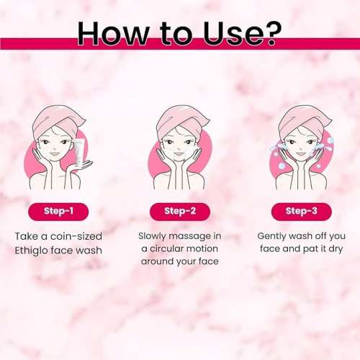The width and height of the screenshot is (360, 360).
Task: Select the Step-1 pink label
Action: click(59, 212)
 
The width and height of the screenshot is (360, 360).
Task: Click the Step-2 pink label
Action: click(180, 212)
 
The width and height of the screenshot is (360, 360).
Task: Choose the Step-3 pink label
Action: click(300, 212)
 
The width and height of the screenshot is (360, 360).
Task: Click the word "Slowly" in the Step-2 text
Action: click(154, 236)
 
